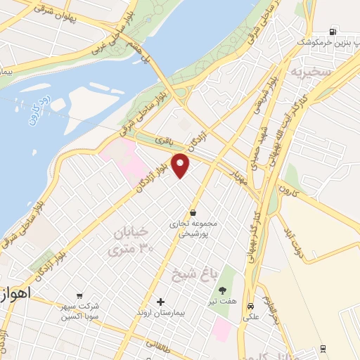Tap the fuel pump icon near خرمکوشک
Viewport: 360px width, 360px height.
(332, 32)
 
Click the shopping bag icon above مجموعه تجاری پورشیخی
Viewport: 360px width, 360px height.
(193, 212)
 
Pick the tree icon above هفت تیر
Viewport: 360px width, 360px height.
(223, 290)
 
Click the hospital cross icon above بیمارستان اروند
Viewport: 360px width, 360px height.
(161, 302)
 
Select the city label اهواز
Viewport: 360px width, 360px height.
(14, 293)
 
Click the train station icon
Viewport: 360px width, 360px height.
(323, 348)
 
